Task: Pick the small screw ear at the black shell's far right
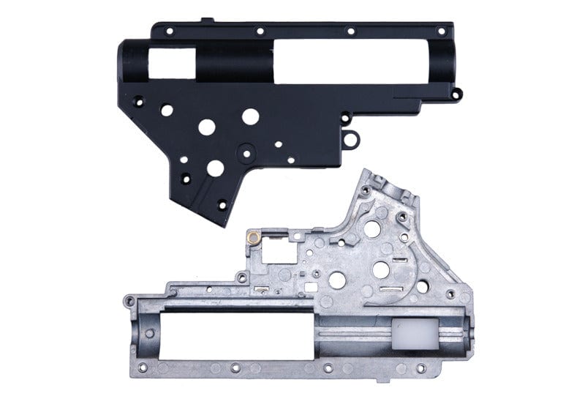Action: pos(456,93)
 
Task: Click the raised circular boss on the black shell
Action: pos(246,152)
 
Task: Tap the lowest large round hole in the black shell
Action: pos(215,168)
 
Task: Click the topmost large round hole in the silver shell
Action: pos(371,228)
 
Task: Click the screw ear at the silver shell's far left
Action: pos(129,300)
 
